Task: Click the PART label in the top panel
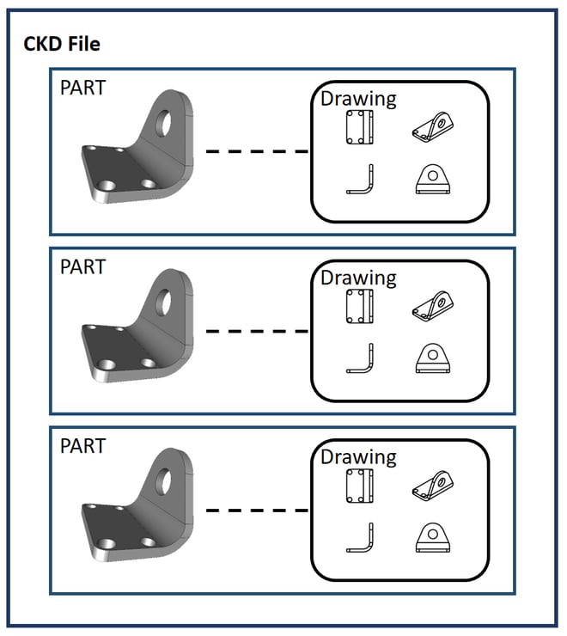(x=82, y=88)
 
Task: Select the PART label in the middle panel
(x=82, y=266)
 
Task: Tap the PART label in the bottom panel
(x=82, y=445)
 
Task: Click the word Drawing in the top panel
(x=358, y=98)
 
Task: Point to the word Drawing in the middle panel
(x=358, y=278)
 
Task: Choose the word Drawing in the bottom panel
(x=358, y=456)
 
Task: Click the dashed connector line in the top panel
(x=256, y=151)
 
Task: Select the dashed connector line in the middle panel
(x=256, y=330)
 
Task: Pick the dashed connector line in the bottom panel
(x=256, y=510)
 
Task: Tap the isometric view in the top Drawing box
(x=435, y=127)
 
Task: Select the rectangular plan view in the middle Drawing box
(x=359, y=306)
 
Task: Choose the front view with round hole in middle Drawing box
(x=434, y=358)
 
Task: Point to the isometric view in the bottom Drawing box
(x=435, y=485)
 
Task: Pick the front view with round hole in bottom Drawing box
(x=434, y=537)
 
